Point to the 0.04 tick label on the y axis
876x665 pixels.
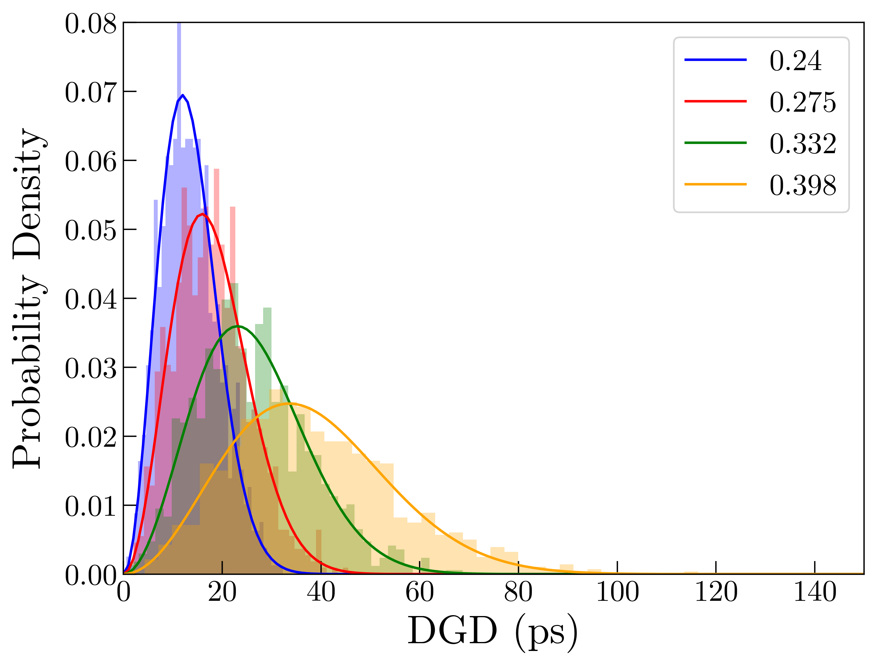[x=91, y=299]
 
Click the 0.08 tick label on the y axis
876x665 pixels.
[x=91, y=24]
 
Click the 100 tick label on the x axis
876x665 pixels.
[x=617, y=592]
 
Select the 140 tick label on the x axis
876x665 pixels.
[x=814, y=592]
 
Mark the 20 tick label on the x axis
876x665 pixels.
[x=222, y=592]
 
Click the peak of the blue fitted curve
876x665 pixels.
[x=182, y=95]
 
